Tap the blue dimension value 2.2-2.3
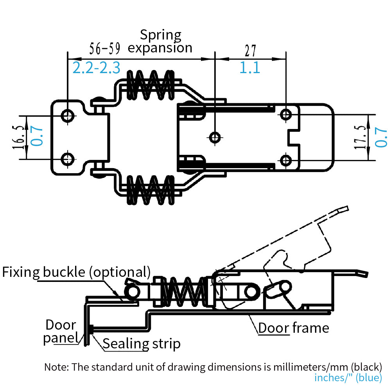tap(96, 68)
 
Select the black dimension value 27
tap(250, 50)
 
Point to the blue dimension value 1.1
tap(250, 68)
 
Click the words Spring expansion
tap(160, 41)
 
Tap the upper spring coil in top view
tap(151, 85)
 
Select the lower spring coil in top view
tap(151, 189)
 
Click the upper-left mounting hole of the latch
tap(68, 115)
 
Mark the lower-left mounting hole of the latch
tap(68, 159)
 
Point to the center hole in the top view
tap(215, 137)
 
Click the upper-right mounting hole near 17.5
tap(286, 114)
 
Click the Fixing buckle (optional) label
tap(76, 272)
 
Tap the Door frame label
tap(294, 328)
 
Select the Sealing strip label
tap(142, 344)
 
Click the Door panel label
tap(61, 331)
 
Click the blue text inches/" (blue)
tap(348, 378)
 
